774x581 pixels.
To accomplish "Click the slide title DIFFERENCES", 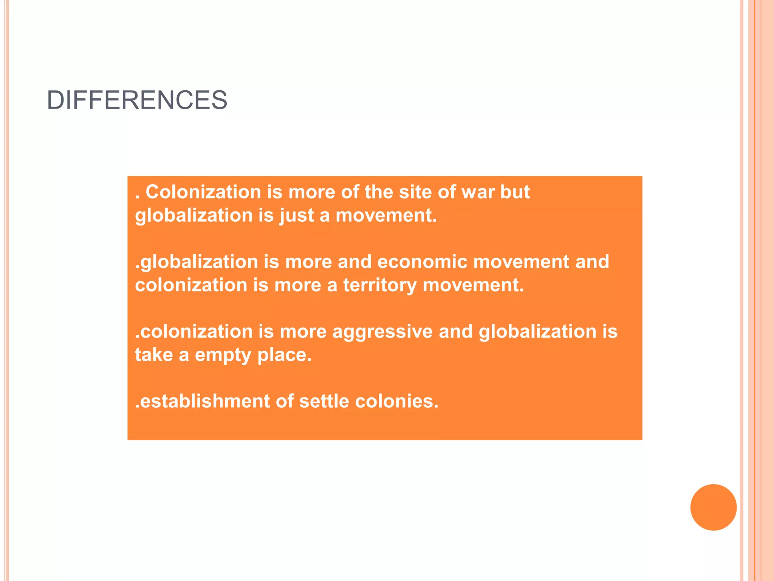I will point(137,100).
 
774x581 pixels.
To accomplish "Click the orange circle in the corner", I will point(713,507).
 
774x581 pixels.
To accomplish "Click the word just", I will point(296,216).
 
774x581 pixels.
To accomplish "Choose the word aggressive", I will point(382,332).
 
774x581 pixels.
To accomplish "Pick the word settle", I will point(324,401).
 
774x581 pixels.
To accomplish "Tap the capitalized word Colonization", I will point(203,192).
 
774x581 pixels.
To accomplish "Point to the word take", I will point(154,355).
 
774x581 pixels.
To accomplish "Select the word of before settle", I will point(285,401).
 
